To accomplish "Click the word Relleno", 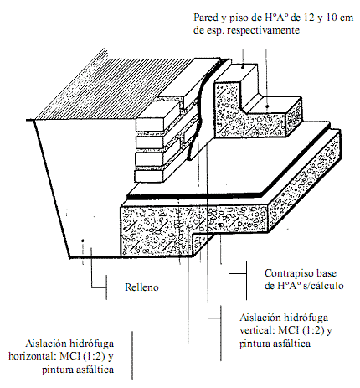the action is click(141, 287).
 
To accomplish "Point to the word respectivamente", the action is click(264, 30).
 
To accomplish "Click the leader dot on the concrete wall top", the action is click(243, 67).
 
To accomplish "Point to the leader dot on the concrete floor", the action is click(267, 106).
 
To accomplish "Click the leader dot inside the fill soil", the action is click(82, 241).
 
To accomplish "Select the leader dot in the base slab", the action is click(220, 225).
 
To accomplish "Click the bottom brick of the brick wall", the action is click(149, 176).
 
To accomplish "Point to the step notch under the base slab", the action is click(203, 241).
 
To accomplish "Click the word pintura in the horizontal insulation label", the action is click(57, 370).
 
